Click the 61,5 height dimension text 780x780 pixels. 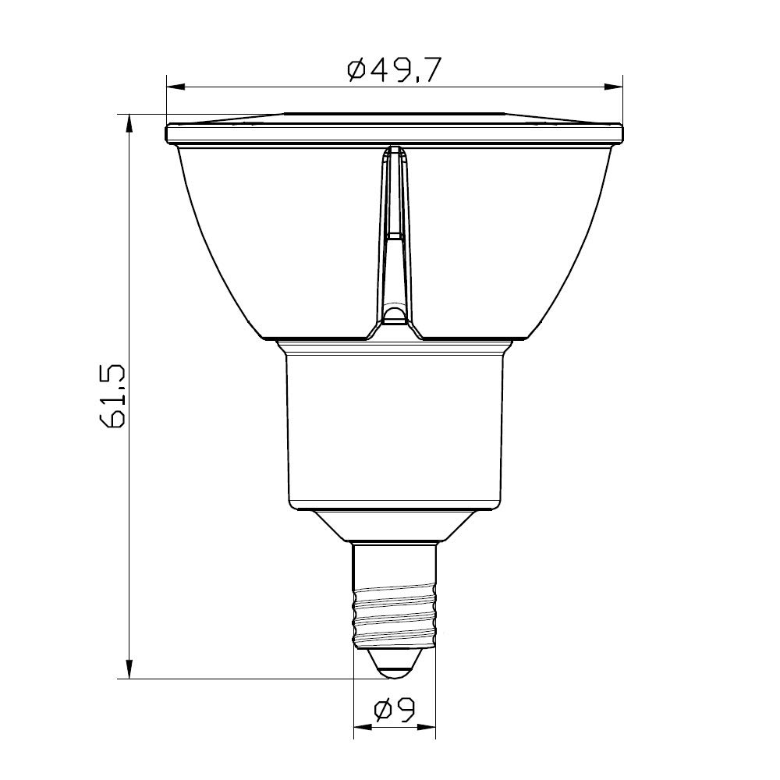pyautogui.click(x=114, y=396)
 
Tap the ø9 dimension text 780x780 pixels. pyautogui.click(x=394, y=710)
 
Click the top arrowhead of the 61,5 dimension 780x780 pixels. pyautogui.click(x=129, y=122)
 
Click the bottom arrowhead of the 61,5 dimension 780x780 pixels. pyautogui.click(x=129, y=670)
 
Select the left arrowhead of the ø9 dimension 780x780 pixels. pyautogui.click(x=361, y=731)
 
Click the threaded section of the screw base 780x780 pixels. pyautogui.click(x=394, y=616)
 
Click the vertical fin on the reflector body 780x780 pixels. pyautogui.click(x=395, y=234)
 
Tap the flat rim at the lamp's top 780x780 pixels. pyautogui.click(x=395, y=133)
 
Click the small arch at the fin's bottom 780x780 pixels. pyautogui.click(x=395, y=315)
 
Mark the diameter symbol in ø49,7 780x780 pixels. pyautogui.click(x=356, y=70)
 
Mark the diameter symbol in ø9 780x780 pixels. pyautogui.click(x=382, y=710)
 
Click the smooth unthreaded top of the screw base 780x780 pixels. pyautogui.click(x=394, y=565)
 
